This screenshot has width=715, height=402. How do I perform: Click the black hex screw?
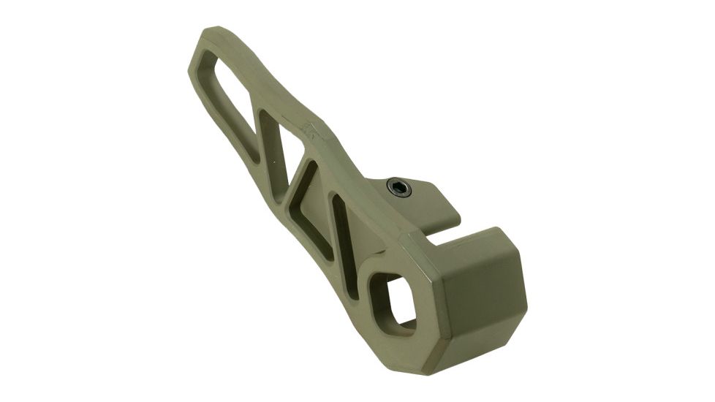[398, 189]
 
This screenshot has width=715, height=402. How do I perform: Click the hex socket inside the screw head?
[398, 189]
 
